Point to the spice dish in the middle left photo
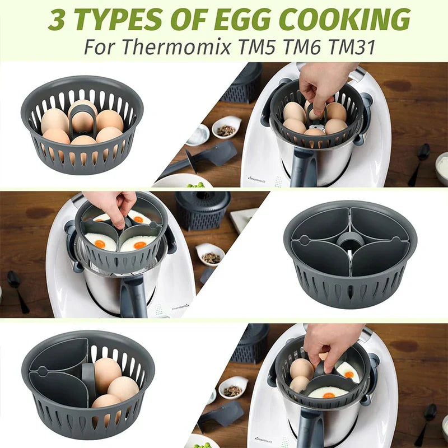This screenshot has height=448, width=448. [211, 255]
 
